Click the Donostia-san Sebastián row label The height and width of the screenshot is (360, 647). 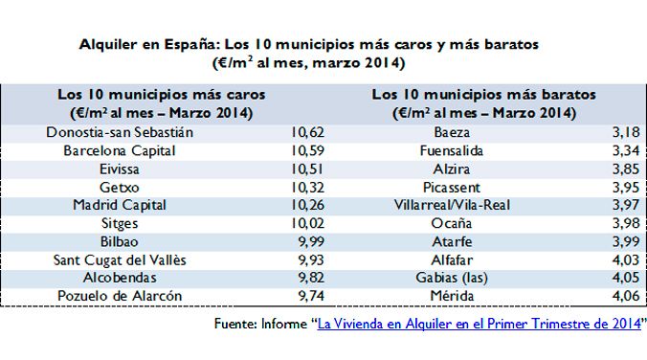(x=120, y=132)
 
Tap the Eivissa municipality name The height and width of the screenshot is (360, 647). (x=120, y=169)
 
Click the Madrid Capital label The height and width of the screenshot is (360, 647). (x=120, y=205)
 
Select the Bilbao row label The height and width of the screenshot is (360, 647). (x=120, y=241)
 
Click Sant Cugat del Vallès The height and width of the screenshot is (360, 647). (x=120, y=259)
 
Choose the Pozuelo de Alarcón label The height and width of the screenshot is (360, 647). (x=120, y=296)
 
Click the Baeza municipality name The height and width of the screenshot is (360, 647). (x=451, y=132)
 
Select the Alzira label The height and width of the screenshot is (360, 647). (x=451, y=169)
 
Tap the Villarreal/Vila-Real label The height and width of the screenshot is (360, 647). (x=451, y=205)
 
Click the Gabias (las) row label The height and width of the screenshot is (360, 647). (x=451, y=278)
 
